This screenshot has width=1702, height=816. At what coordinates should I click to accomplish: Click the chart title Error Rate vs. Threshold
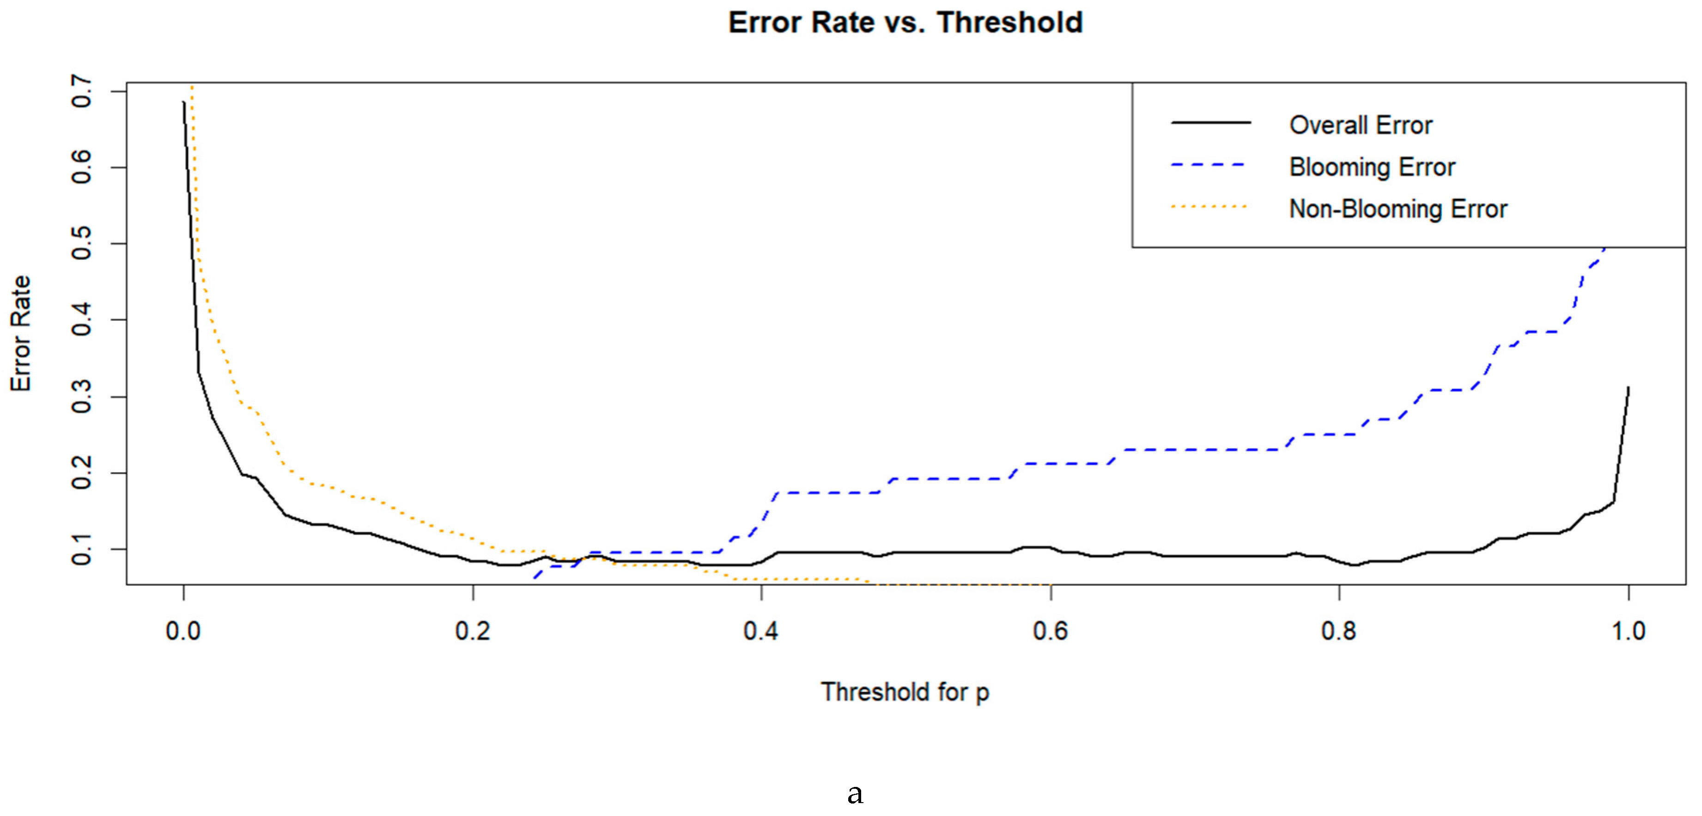pyautogui.click(x=905, y=23)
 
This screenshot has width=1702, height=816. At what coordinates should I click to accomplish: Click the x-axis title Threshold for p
pyautogui.click(x=905, y=692)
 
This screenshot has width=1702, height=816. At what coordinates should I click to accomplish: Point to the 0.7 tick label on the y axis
pyautogui.click(x=82, y=91)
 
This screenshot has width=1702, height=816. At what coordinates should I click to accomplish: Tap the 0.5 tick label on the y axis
pyautogui.click(x=82, y=244)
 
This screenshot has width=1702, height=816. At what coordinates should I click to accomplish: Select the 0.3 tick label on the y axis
pyautogui.click(x=82, y=397)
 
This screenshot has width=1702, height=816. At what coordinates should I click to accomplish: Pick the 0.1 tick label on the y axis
pyautogui.click(x=82, y=549)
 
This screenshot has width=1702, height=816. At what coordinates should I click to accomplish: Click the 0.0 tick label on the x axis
pyautogui.click(x=183, y=631)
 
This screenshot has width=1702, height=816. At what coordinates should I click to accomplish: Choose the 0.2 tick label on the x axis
pyautogui.click(x=473, y=631)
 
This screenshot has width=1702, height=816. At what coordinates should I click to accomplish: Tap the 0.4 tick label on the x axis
pyautogui.click(x=761, y=631)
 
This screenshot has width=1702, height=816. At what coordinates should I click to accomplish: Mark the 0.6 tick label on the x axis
pyautogui.click(x=1051, y=631)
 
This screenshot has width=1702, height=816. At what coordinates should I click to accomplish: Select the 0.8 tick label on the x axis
pyautogui.click(x=1339, y=631)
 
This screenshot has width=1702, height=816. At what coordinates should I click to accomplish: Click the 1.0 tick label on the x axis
pyautogui.click(x=1628, y=631)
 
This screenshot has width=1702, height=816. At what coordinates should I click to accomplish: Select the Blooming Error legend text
pyautogui.click(x=1372, y=167)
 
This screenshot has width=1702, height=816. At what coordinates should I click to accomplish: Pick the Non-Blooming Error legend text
pyautogui.click(x=1398, y=209)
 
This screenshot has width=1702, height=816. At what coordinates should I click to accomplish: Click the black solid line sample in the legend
pyautogui.click(x=1210, y=123)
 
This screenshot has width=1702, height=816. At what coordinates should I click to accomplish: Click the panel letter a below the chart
pyautogui.click(x=855, y=793)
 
